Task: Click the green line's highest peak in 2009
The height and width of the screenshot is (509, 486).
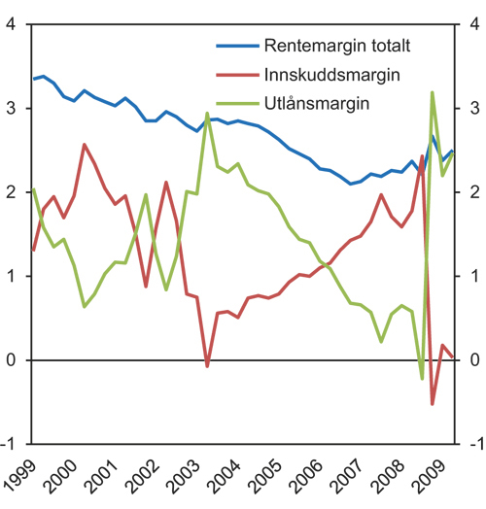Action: pos(433,92)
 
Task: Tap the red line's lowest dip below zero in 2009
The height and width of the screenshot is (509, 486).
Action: pos(433,403)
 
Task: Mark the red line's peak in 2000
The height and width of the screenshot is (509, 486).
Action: pos(85,145)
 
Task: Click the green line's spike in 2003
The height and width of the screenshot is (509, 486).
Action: pos(207,114)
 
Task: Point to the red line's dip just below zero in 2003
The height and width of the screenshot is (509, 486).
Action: pos(207,366)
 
